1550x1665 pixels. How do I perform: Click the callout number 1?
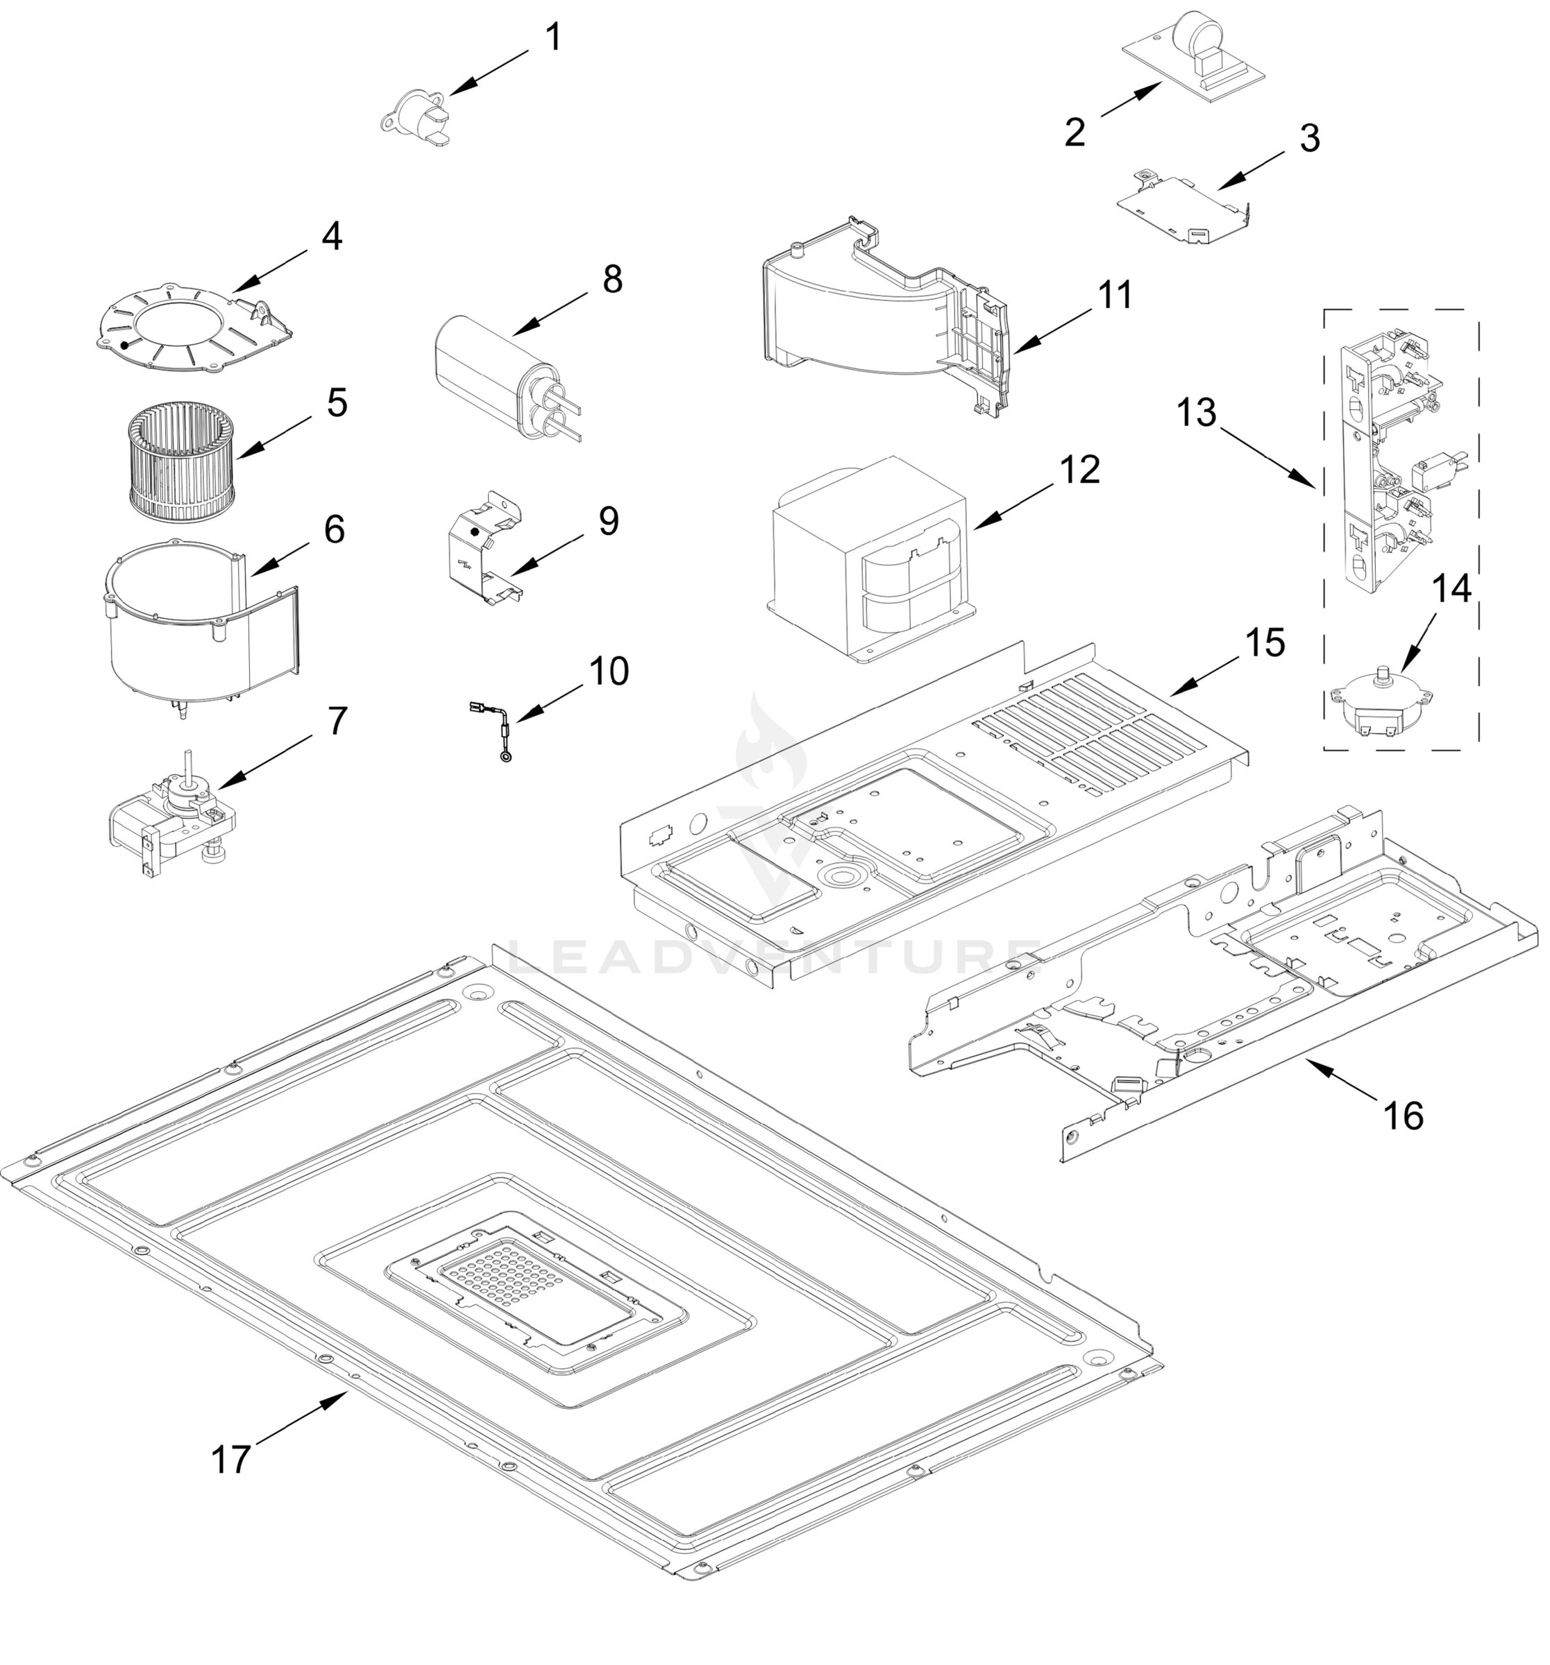pos(553,37)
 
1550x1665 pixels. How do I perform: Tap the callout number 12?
pos(1079,470)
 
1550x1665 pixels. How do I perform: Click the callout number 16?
pos(1403,1116)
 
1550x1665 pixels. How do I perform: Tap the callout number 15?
pos(1264,642)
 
